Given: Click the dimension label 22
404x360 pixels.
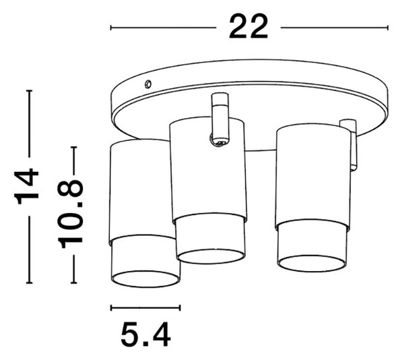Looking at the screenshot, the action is coord(248,27).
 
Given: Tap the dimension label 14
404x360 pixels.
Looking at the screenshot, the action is coord(27,186).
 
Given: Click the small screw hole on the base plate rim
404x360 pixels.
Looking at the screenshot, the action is coord(147,84).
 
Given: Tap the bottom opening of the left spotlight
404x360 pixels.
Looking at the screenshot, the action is coord(145,279).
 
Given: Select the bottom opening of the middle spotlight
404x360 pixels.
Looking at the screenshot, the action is coord(210,257).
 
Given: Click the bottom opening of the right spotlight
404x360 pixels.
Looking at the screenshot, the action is coord(312,264).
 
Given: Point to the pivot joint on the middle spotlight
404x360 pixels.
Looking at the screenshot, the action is coord(218,141).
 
